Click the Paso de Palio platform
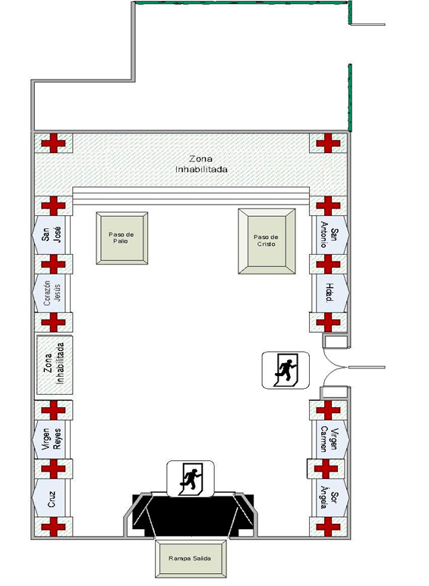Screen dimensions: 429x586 [121, 238]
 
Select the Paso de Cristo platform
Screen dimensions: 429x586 [267, 241]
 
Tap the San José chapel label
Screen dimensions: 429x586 [52, 234]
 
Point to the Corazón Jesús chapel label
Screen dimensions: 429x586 [52, 293]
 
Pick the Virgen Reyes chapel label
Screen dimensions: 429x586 [52, 439]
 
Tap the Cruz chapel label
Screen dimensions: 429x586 [52, 499]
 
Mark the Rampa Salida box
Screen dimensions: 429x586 [190, 559]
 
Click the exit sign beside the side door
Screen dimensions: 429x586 [285, 370]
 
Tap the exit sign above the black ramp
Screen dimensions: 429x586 [190, 478]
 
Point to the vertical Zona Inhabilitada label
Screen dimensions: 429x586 [54, 364]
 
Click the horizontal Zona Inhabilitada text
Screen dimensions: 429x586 [201, 164]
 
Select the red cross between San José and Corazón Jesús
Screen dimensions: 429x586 [53, 264]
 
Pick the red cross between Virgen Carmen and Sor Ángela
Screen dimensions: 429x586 [326, 468]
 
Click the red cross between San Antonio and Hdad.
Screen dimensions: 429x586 [328, 264]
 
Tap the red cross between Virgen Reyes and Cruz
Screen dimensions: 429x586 [53, 468]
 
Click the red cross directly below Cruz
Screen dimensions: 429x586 [53, 527]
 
